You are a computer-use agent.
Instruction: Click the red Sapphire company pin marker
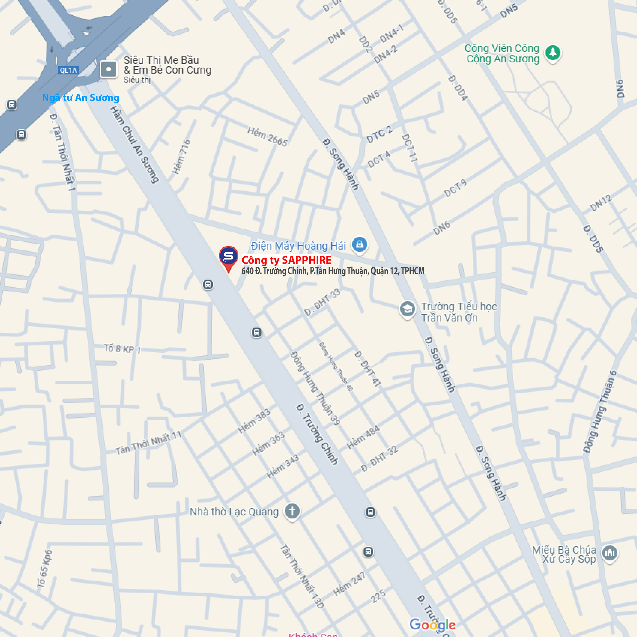tap(228, 258)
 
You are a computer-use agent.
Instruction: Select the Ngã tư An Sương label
tap(81, 97)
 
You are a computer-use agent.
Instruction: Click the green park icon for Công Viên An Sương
tap(552, 53)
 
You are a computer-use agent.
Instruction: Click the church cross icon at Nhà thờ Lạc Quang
tap(292, 511)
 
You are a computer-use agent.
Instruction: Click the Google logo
tap(432, 624)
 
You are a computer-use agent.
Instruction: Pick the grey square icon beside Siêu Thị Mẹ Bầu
tap(108, 69)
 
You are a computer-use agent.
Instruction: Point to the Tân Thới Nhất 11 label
tap(148, 443)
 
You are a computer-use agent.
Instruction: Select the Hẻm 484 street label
tap(363, 438)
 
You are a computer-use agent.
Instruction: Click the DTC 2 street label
tap(379, 135)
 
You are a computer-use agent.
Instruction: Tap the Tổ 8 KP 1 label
tap(122, 349)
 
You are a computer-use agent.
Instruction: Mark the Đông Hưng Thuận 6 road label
tap(599, 412)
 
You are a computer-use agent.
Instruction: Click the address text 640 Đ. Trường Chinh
tap(333, 271)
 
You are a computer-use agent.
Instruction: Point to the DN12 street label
tap(601, 203)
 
